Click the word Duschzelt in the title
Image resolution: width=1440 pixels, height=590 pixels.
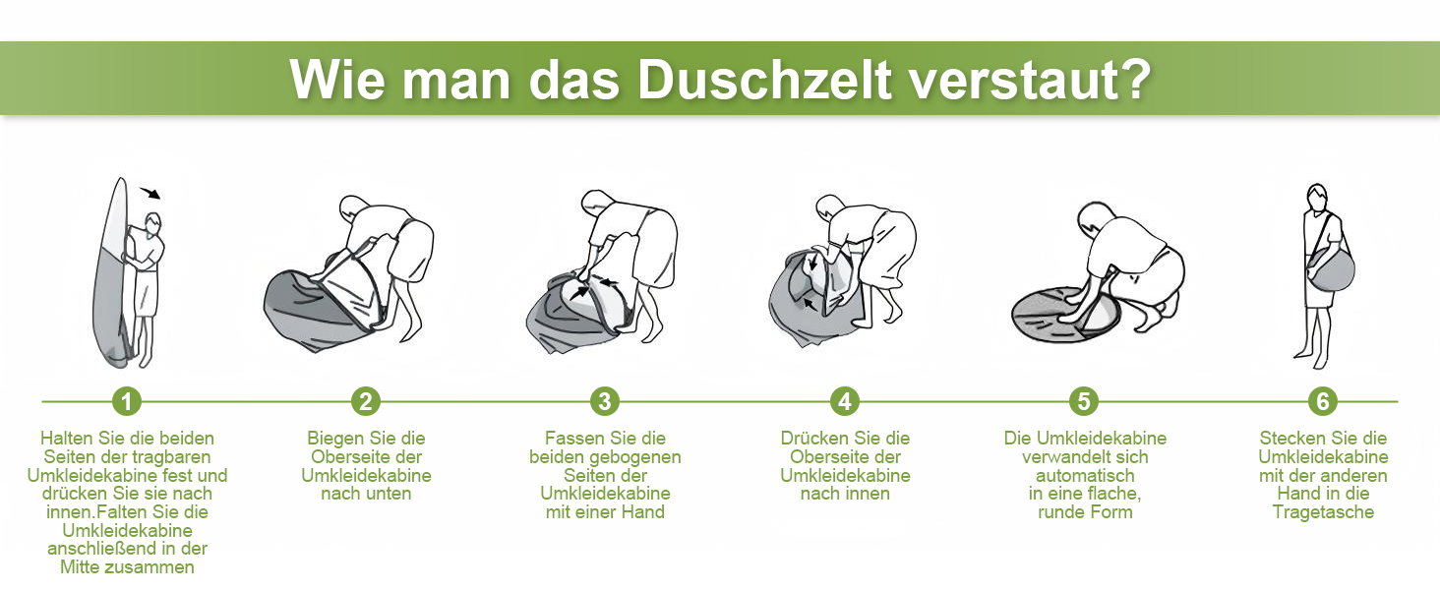(764, 81)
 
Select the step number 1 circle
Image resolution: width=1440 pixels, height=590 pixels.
(127, 401)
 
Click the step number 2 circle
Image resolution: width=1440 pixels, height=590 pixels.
(366, 401)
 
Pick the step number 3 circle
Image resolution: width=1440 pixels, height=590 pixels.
(605, 401)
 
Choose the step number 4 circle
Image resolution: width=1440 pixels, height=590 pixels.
(845, 401)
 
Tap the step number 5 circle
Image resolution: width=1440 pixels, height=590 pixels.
(1084, 401)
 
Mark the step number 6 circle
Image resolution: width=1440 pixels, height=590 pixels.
(1323, 401)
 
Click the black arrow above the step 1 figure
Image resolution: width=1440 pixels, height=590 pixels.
(150, 192)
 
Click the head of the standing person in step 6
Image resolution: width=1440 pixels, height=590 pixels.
(1317, 196)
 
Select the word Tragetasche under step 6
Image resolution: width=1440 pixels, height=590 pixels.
(1323, 512)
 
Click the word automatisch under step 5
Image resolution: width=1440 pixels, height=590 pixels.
(1085, 476)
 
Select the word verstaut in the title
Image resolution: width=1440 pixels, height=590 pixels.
(1013, 81)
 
